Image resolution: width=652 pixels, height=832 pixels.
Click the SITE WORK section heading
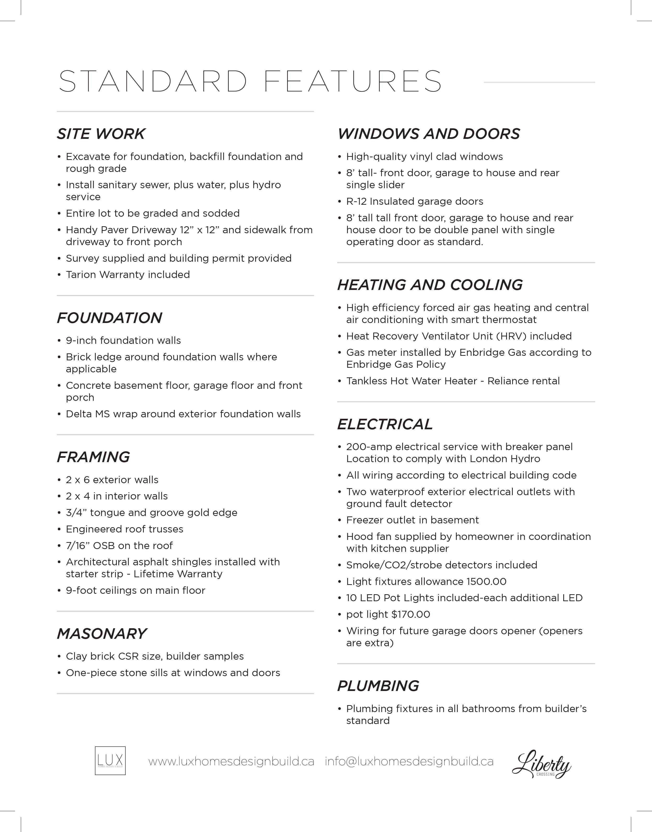tap(101, 134)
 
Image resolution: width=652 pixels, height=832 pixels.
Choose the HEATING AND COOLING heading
tap(430, 285)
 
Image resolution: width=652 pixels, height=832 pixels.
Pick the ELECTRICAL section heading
tap(385, 424)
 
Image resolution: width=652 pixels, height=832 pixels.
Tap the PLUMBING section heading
tap(378, 686)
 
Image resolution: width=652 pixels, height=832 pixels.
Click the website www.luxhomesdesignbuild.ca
tap(231, 761)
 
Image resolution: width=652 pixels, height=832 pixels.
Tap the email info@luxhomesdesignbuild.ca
tap(409, 761)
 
